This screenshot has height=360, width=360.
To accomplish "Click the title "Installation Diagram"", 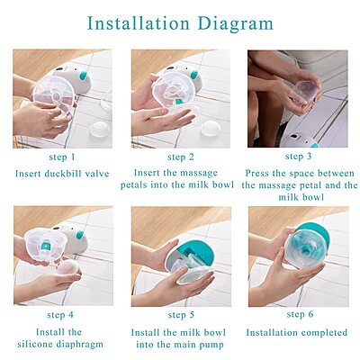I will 180,22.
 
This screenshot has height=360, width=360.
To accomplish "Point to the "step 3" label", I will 297,157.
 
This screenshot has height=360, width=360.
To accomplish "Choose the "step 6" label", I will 297,314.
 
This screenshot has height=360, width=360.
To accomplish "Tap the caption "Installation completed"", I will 297,332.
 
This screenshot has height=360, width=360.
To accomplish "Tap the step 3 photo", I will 297,99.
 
